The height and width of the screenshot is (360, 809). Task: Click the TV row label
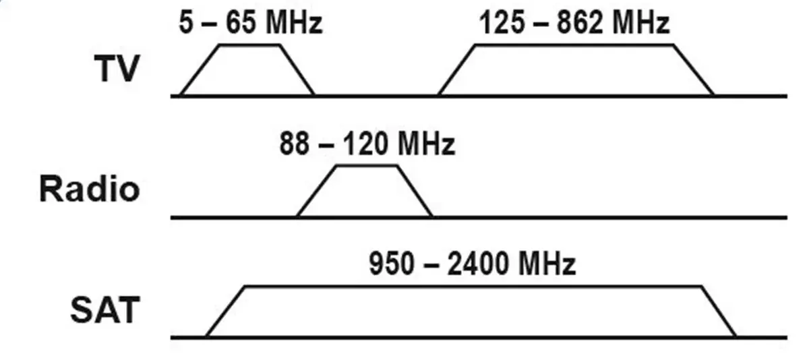click(x=117, y=69)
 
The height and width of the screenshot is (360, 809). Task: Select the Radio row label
click(x=90, y=189)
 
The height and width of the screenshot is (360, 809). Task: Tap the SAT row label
click(x=105, y=309)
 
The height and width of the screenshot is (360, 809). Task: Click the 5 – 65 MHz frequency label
click(x=250, y=22)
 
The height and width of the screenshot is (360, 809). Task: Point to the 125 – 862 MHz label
click(x=574, y=22)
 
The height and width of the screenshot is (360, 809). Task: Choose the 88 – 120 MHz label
click(x=367, y=144)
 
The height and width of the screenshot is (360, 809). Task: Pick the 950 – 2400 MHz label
click(x=472, y=264)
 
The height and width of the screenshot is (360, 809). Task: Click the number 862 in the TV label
click(x=580, y=22)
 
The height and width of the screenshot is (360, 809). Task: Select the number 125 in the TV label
click(x=502, y=22)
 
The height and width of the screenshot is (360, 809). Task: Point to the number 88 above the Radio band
click(x=295, y=144)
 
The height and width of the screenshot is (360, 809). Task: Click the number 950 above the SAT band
click(x=391, y=264)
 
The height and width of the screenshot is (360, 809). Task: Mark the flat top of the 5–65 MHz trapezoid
click(x=249, y=45)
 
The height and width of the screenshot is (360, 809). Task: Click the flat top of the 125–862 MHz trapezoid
click(x=574, y=45)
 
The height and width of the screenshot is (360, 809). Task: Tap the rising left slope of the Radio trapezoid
click(x=316, y=191)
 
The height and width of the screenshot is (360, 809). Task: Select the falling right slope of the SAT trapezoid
click(x=719, y=311)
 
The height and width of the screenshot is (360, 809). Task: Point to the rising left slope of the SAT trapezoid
click(x=225, y=311)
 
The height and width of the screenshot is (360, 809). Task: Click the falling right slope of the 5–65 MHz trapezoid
click(x=297, y=70)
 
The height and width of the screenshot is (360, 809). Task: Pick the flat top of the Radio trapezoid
click(x=367, y=166)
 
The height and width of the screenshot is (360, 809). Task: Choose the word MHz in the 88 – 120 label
click(x=426, y=144)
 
